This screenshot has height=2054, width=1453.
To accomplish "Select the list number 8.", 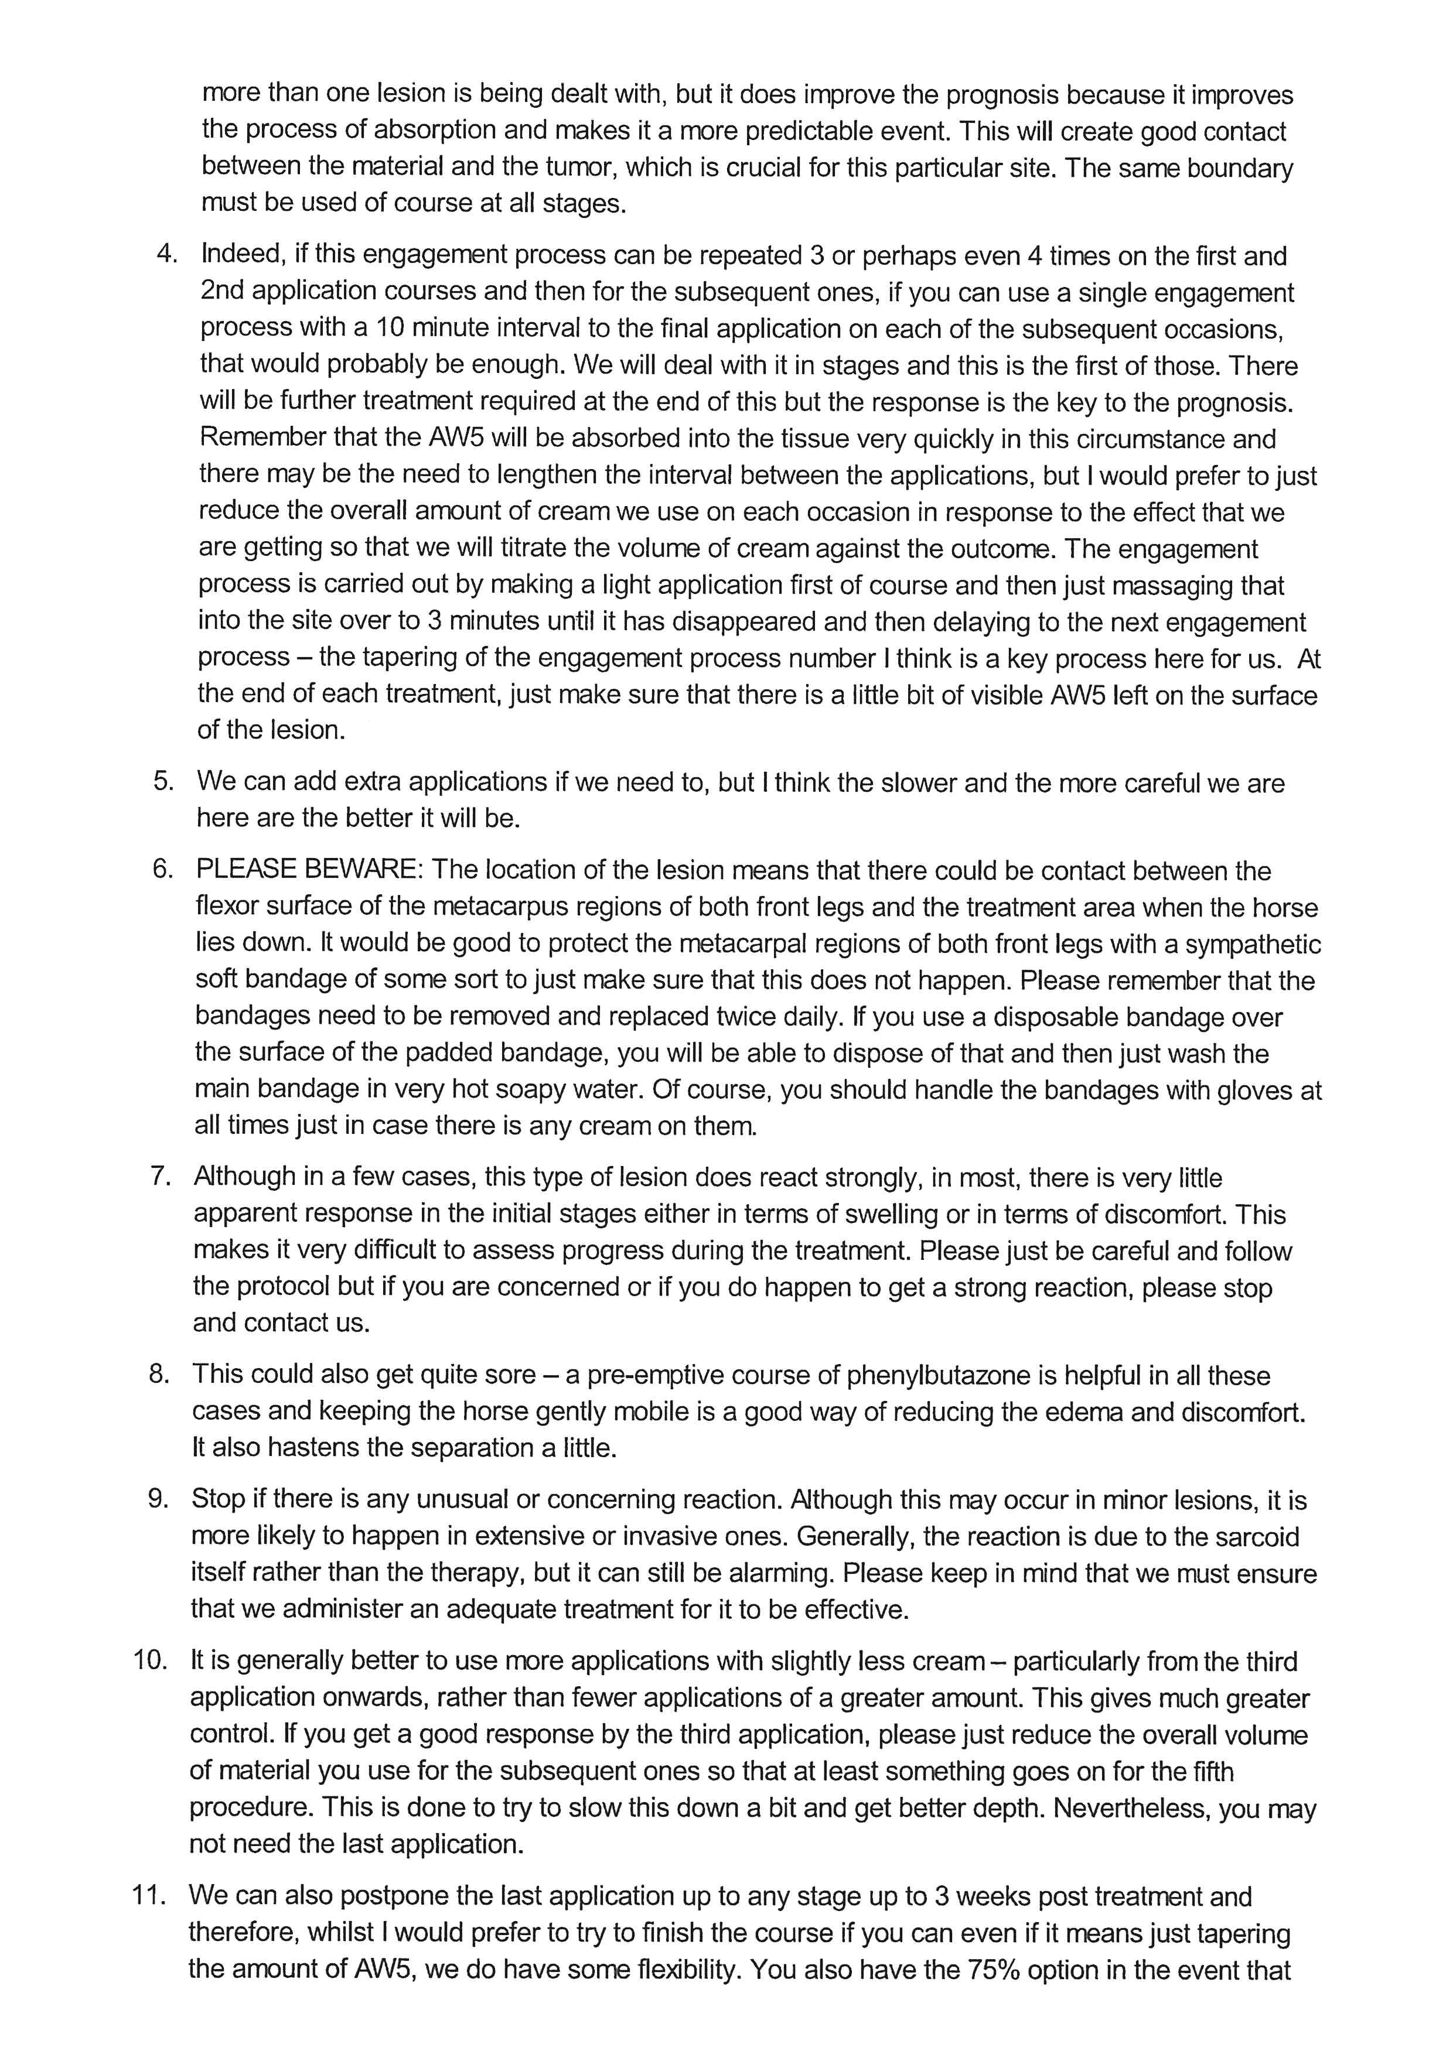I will tap(159, 1375).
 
